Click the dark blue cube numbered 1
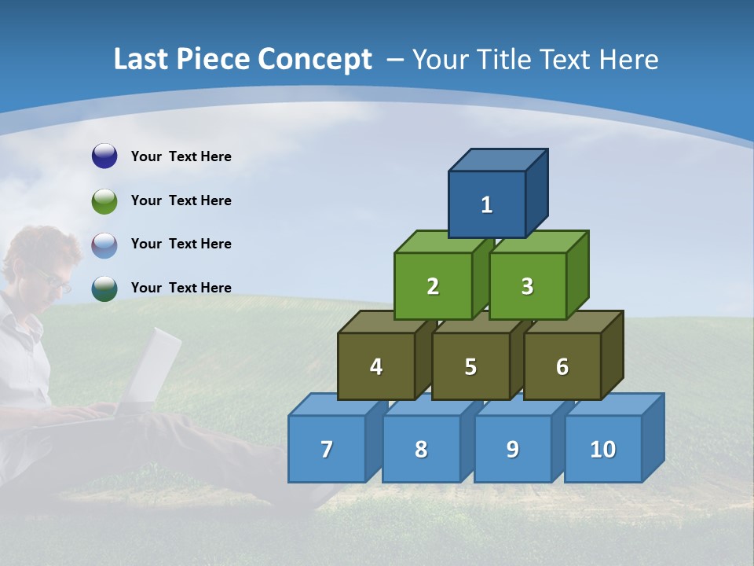click(487, 204)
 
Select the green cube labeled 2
click(433, 286)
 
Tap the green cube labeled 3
click(527, 286)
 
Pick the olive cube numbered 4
click(376, 366)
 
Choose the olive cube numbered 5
click(470, 366)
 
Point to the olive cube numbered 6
click(562, 366)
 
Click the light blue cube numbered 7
click(327, 449)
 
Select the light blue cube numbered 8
click(421, 449)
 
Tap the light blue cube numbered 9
click(512, 449)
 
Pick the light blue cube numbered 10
click(602, 449)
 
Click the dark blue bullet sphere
click(104, 156)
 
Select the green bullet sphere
click(104, 200)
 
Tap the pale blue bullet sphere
click(104, 244)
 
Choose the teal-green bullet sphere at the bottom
click(104, 288)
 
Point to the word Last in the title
click(141, 60)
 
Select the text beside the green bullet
click(181, 200)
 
